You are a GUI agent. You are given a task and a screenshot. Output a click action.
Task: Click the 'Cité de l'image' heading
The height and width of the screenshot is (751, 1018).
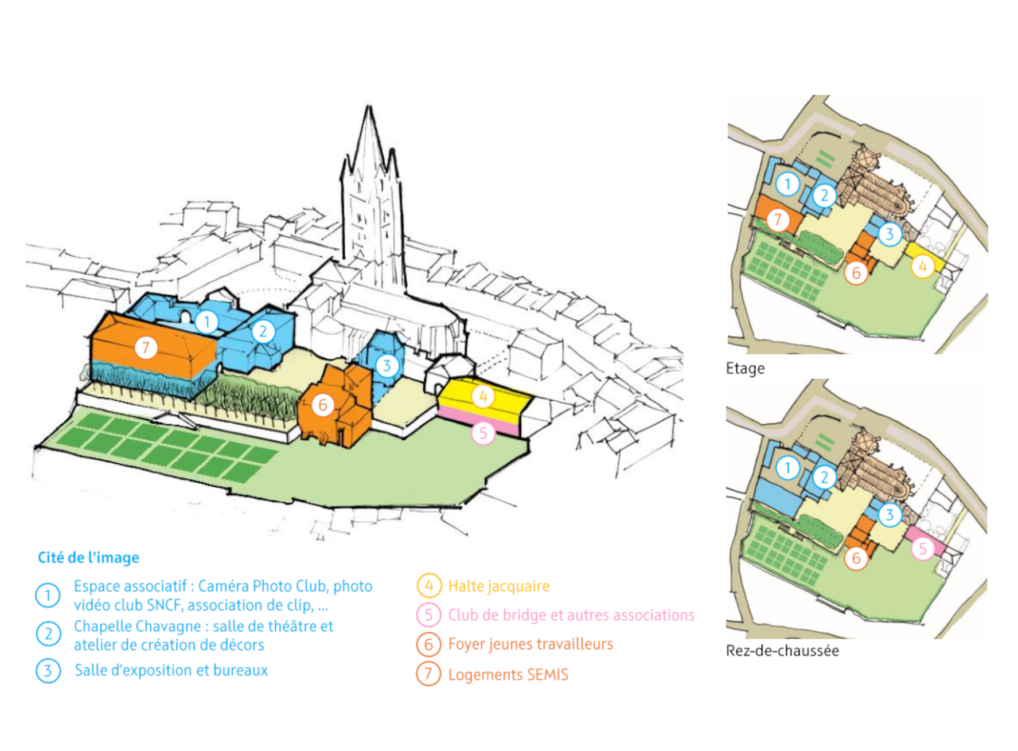coord(88,557)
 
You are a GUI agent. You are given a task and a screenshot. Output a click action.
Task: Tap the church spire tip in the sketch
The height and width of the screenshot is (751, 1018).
coord(369,107)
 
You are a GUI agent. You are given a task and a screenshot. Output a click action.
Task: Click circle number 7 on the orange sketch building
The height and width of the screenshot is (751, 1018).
coord(146,347)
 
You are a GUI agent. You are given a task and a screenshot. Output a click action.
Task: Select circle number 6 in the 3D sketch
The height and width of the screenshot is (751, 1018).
coord(322,405)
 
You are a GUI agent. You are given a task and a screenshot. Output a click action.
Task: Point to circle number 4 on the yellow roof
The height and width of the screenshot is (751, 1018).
coord(483,396)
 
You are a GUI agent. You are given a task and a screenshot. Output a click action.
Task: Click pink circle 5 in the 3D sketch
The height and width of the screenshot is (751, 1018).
coord(483,433)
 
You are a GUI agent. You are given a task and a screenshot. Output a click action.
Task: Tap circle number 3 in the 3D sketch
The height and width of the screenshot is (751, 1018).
coord(387,366)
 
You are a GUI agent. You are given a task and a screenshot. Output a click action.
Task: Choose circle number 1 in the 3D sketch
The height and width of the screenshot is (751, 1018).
coord(206,322)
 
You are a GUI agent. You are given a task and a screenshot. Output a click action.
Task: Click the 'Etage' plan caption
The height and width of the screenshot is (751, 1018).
coord(745,368)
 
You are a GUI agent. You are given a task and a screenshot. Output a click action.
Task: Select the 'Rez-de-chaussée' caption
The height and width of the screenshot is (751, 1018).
coord(782,651)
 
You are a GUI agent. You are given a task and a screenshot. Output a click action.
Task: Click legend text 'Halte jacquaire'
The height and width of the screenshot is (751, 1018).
coord(498,586)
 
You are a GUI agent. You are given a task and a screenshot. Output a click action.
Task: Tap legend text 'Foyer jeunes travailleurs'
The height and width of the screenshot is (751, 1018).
coord(531,644)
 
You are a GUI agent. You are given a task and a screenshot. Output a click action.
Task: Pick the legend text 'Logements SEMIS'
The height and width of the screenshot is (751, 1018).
coord(508,674)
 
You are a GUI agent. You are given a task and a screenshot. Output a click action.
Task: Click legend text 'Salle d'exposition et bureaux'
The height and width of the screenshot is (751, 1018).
coord(171,670)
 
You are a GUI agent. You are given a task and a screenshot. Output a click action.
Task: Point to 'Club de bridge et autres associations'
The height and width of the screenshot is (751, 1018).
coord(571,615)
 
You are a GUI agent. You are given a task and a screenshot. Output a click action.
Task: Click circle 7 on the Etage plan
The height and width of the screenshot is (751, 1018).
coord(778,220)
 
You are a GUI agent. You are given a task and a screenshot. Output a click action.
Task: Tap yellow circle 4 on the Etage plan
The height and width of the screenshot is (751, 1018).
coord(922,267)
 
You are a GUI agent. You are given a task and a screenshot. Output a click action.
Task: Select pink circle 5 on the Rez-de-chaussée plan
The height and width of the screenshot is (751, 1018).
coord(922,549)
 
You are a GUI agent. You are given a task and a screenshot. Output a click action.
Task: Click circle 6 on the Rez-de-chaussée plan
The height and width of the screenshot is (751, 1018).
coord(856,558)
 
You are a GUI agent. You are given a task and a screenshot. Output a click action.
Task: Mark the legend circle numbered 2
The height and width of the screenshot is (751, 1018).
coord(48,634)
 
